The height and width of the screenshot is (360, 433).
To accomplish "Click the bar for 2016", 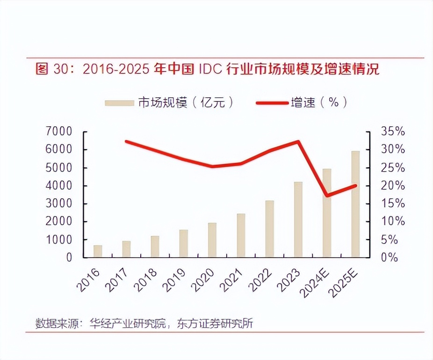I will point(98,251).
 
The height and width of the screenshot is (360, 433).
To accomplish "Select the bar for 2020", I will point(212,240).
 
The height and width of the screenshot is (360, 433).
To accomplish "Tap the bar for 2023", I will point(298,219).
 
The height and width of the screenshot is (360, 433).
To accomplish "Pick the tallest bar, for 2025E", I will point(355,204).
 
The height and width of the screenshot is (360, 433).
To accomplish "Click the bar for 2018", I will point(155,246).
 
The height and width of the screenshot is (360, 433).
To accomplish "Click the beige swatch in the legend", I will point(119,102).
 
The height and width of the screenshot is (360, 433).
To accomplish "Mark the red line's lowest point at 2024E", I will point(327,195).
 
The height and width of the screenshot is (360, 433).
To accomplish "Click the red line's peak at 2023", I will point(298,141).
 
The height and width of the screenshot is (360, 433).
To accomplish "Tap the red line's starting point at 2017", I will point(126,141).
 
